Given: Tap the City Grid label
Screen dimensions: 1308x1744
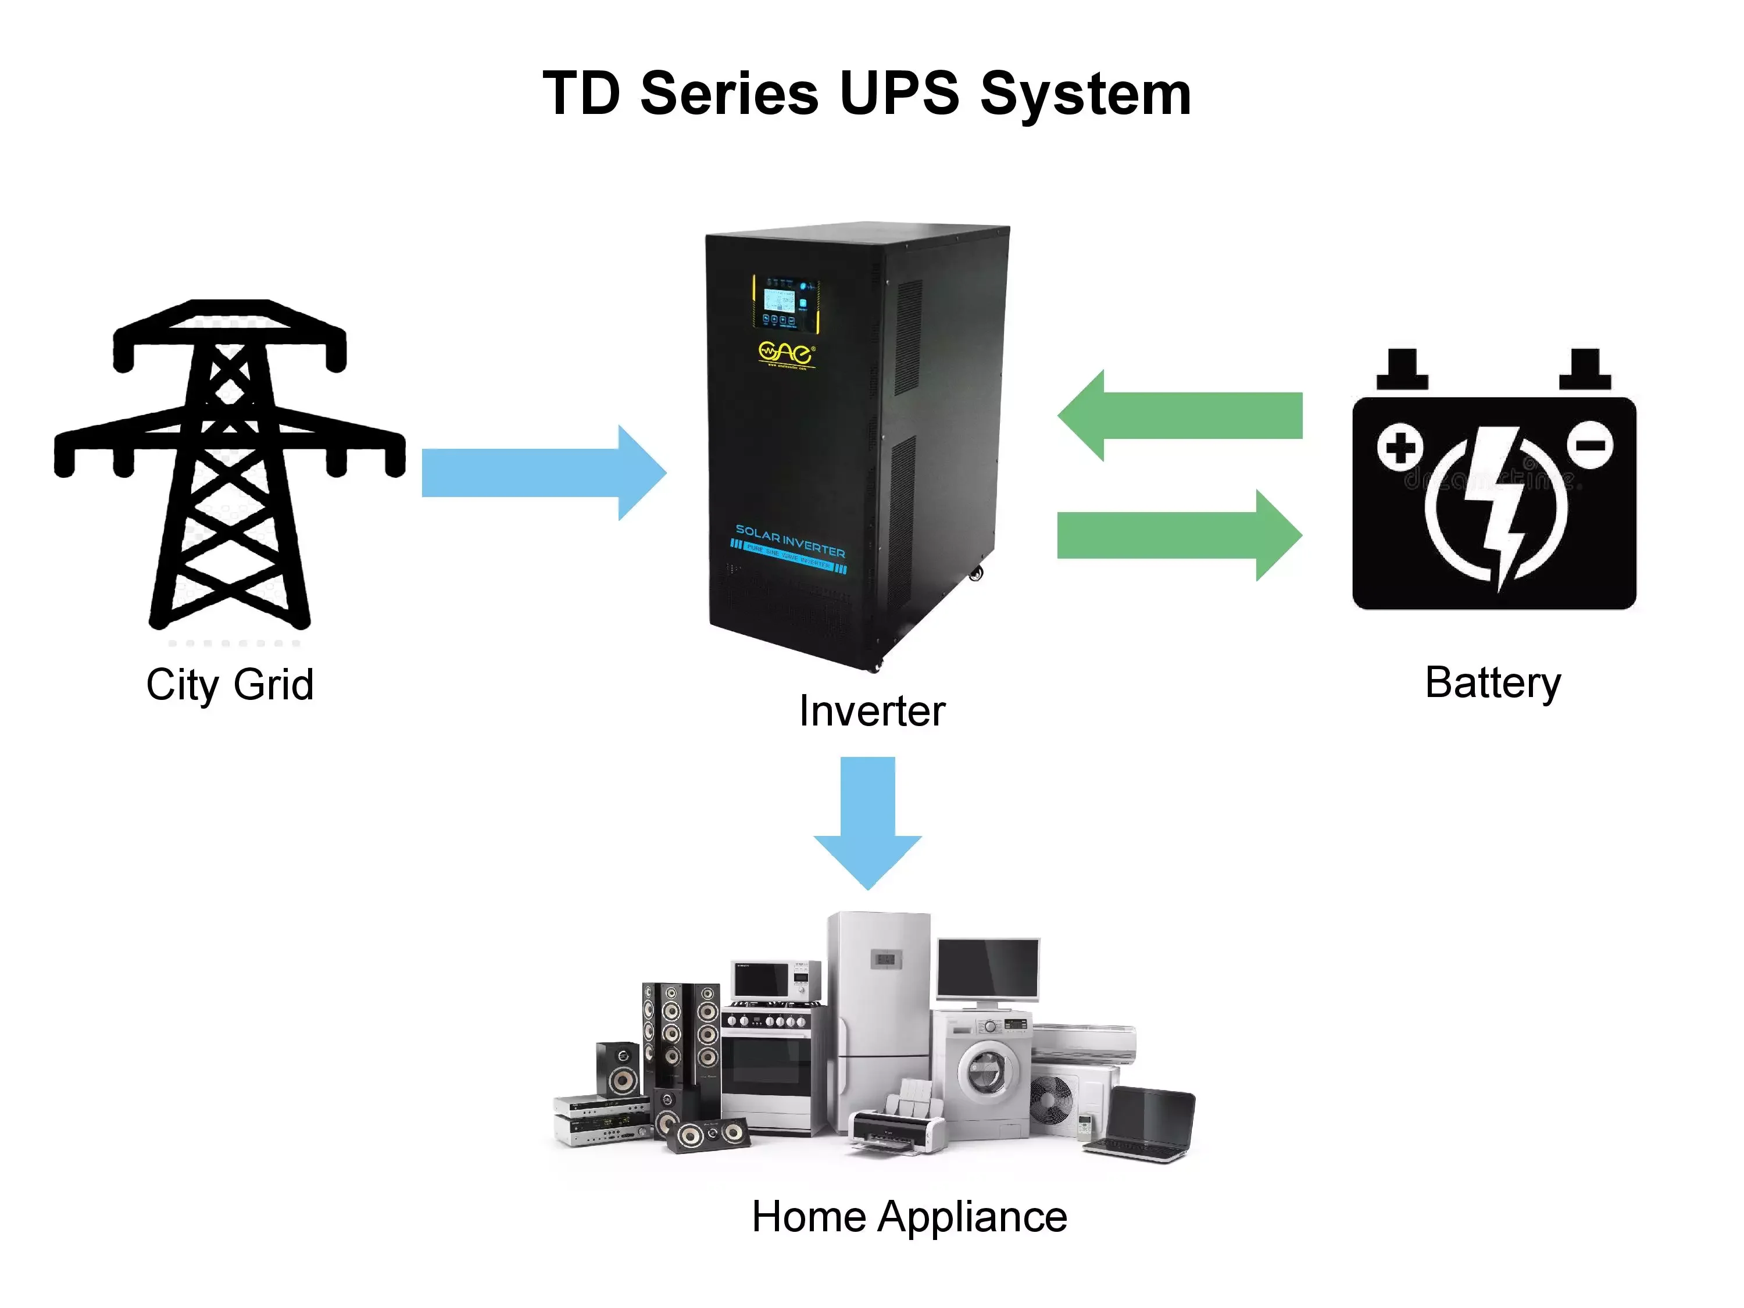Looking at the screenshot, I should (230, 684).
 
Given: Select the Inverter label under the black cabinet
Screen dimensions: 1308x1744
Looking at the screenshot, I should (871, 711).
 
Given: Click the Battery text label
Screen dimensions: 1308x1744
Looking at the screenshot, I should (1492, 683).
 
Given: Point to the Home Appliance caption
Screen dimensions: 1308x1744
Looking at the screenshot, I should (909, 1217).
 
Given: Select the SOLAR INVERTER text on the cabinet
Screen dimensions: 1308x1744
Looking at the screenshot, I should (790, 540).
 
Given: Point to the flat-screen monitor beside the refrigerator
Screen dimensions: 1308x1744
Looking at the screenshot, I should (987, 971).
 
